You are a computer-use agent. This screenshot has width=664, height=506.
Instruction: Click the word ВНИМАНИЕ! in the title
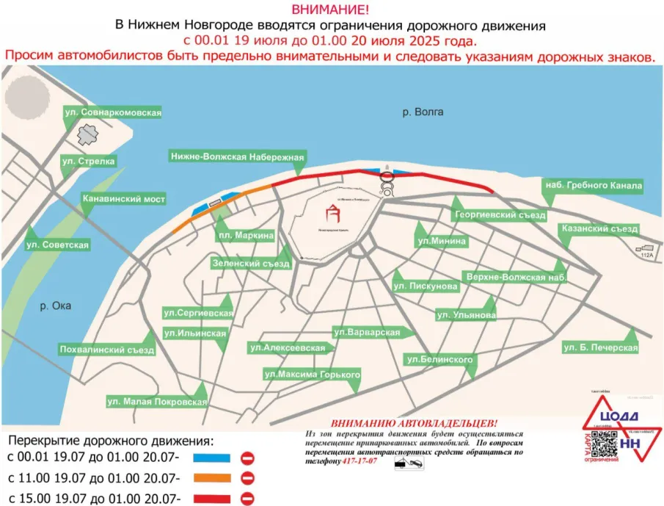coord(330,10)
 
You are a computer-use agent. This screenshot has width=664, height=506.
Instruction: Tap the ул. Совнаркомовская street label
coord(112,112)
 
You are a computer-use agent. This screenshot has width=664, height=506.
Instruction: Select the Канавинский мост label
coord(123,199)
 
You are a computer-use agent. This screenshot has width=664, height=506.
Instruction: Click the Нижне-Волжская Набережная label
coord(237,156)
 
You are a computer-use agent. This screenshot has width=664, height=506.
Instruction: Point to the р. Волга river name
coord(423,112)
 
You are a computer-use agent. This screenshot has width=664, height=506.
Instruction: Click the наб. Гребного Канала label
coord(593,186)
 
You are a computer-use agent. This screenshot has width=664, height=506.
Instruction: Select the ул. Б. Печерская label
coord(600,347)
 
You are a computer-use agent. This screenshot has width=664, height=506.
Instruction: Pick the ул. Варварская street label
coord(366,333)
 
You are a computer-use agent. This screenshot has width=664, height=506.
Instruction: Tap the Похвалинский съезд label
coord(107,350)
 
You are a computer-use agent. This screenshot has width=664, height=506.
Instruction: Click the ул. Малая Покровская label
coord(157,402)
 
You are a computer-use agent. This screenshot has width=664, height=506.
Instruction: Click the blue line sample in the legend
coord(212,458)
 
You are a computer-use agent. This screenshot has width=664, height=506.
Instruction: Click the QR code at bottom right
coord(602,442)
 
